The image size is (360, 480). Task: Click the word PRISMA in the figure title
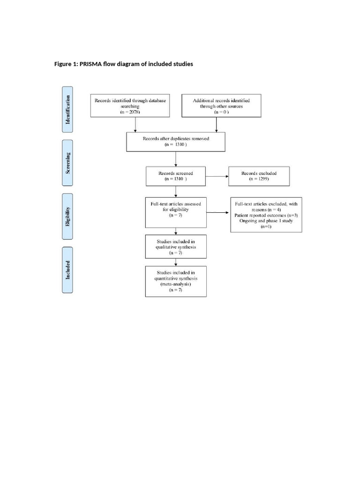point(91,64)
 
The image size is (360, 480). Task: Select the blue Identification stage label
point(67,110)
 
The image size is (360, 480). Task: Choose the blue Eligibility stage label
point(67,216)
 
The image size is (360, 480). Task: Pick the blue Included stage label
point(67,270)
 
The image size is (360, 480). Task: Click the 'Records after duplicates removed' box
point(176,142)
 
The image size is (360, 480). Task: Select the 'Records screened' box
point(176,176)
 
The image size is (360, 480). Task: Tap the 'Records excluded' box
point(259,176)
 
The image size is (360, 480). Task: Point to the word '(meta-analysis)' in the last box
point(176,284)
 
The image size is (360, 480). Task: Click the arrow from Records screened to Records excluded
point(217,177)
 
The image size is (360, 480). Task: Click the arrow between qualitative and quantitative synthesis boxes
point(176,262)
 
